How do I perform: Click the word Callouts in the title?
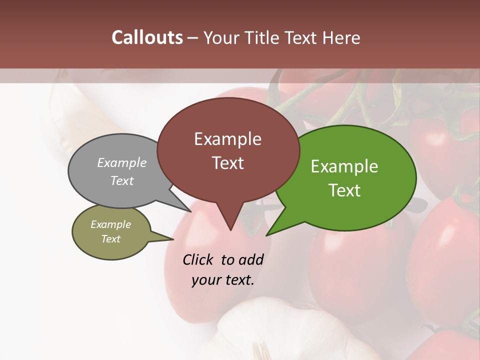pos(147,37)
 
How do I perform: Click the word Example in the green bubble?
pos(344,166)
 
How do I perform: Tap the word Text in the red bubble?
pos(228,163)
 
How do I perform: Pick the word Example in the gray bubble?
pos(122,163)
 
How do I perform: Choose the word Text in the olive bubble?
pos(111,239)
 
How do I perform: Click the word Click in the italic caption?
pos(198,259)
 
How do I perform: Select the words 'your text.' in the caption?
pos(223,280)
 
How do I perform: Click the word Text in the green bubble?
pos(345,190)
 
